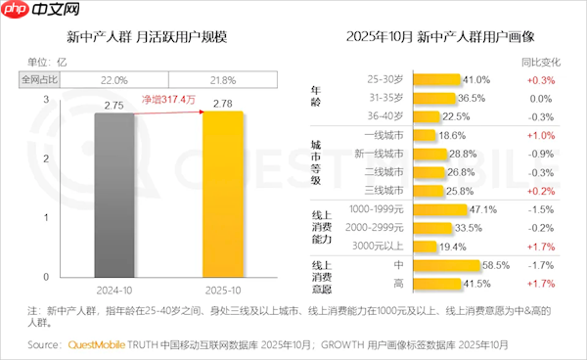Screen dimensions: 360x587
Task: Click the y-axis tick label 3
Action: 48,100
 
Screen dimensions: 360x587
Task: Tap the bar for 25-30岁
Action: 437,79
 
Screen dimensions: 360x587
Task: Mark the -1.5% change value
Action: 540,209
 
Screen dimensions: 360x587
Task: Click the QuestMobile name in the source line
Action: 101,345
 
